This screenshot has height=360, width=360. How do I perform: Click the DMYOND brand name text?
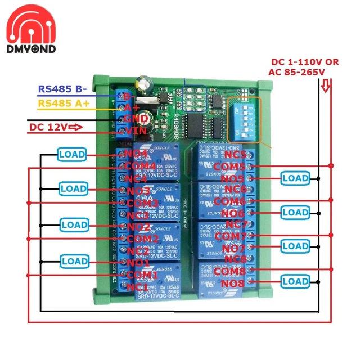pos(31,49)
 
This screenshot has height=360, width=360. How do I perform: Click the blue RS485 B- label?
pos(62,89)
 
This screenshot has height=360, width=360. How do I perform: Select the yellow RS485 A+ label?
pos(64,102)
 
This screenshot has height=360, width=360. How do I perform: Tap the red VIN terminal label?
pos(136,131)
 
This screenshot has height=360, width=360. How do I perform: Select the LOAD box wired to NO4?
pos(72,154)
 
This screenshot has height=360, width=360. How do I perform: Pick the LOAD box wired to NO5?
pos(295,178)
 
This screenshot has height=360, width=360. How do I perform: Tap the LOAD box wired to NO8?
pos(295,281)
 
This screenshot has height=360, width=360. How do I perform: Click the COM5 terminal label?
pos(229,166)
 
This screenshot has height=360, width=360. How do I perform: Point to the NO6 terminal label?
pos(233,213)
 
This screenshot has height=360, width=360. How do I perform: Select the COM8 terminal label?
pos(229,271)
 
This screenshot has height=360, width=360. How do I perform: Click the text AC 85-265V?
pos(298,73)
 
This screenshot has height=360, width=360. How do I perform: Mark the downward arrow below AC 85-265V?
pos(325,87)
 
